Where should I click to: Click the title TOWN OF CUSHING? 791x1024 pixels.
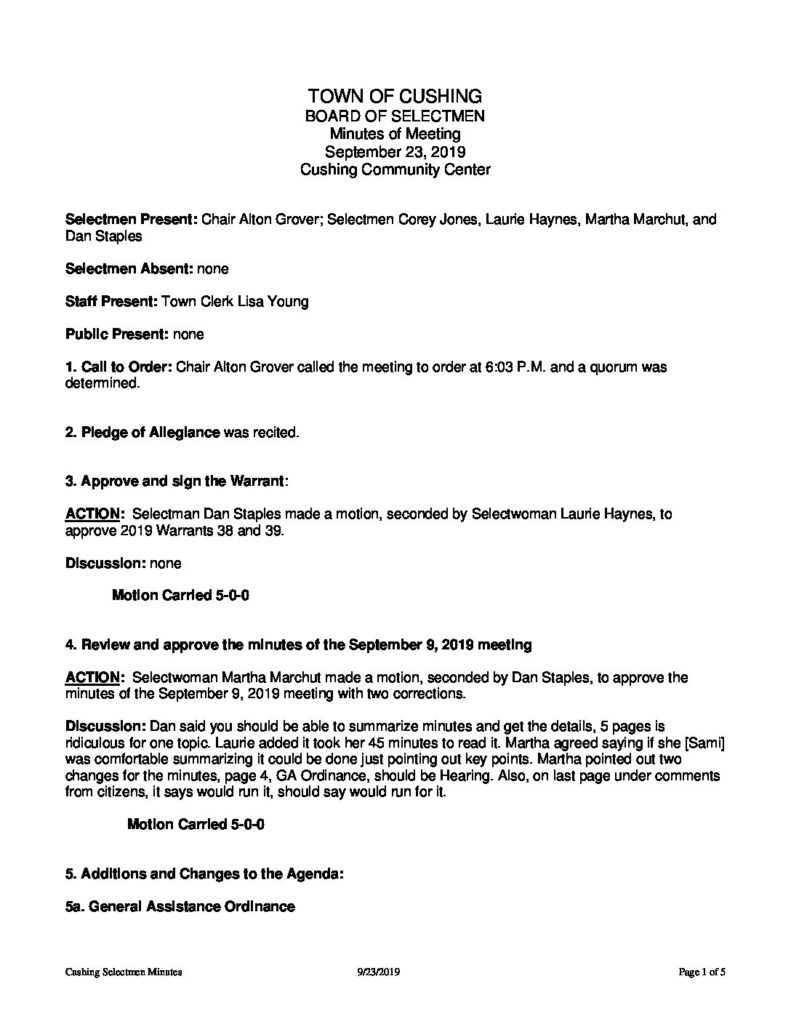(395, 96)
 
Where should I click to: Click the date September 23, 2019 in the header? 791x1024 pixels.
(395, 152)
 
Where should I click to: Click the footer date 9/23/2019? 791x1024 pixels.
(376, 971)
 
